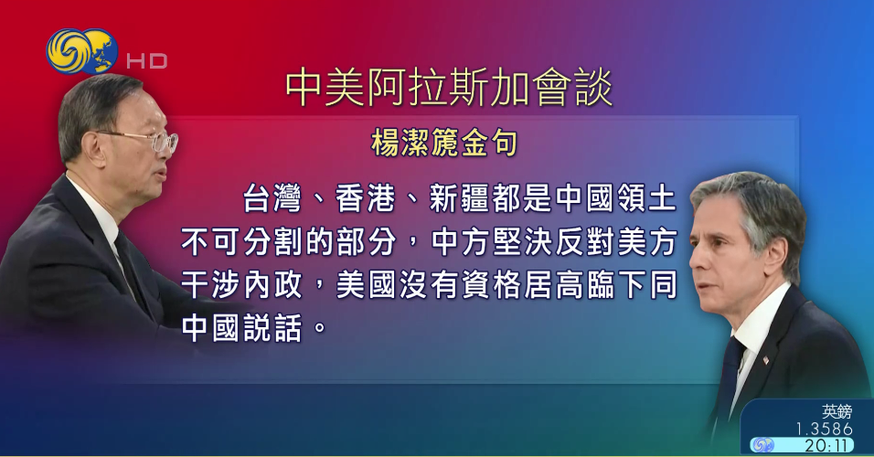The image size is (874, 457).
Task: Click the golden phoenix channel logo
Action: point(81,52)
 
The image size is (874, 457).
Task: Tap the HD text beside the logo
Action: point(146,61)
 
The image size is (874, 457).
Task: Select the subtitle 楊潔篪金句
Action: point(445,143)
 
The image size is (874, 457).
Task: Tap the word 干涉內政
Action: point(243,285)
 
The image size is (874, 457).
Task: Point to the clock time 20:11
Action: point(828,445)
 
